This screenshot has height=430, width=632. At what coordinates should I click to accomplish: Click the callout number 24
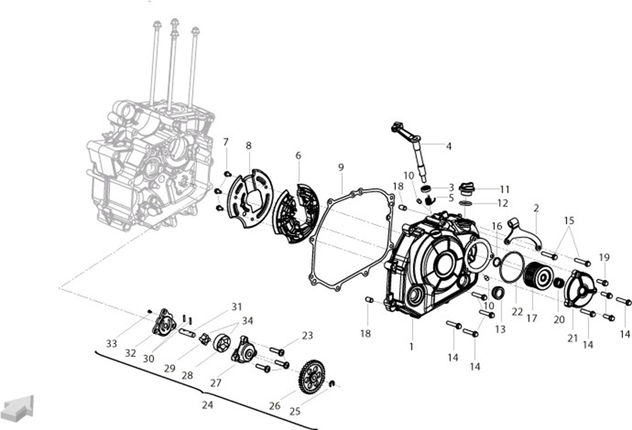click(207, 405)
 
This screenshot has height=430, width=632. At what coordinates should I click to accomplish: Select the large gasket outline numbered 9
click(352, 239)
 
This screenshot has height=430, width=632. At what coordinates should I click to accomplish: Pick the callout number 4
click(449, 146)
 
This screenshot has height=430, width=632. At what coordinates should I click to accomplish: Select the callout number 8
click(248, 146)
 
